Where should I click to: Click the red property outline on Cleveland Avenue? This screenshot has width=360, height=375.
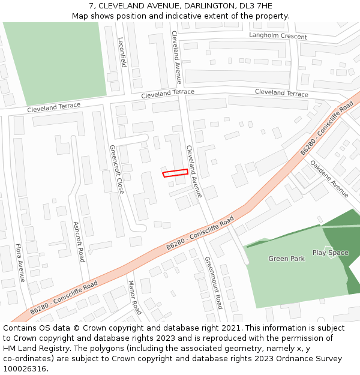(x=175, y=173)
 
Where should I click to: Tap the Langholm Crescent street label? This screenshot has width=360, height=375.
(x=278, y=37)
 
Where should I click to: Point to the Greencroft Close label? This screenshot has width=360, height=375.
(x=116, y=169)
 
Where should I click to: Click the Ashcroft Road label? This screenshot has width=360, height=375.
(x=79, y=241)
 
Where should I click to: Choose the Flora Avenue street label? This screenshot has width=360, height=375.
(x=19, y=262)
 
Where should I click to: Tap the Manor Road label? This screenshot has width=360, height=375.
(x=134, y=297)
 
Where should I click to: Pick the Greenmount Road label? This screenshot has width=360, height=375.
(x=214, y=283)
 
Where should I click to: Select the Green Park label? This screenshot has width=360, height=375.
(x=286, y=259)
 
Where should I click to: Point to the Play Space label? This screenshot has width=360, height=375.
(x=330, y=253)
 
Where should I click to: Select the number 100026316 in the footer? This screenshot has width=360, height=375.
(x=25, y=368)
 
